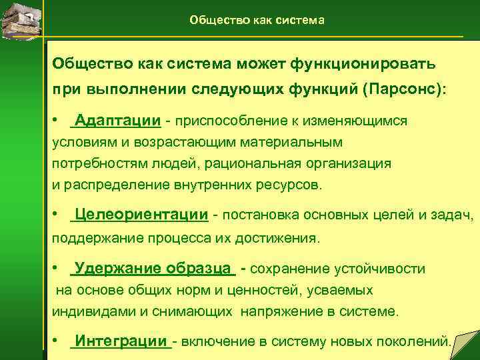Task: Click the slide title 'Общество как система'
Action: tap(257, 20)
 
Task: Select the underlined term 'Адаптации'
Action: tap(117, 121)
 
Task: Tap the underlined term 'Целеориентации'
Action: tap(141, 214)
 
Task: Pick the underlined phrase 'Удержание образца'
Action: tap(154, 269)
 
